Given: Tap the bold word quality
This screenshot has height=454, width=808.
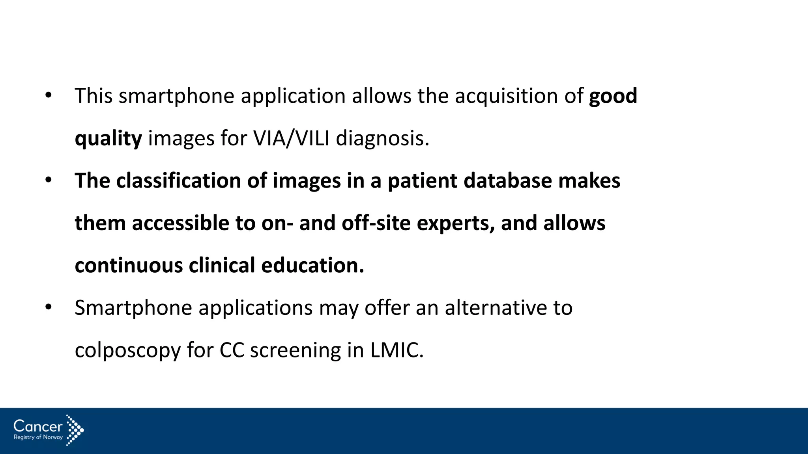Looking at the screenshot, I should click(108, 139).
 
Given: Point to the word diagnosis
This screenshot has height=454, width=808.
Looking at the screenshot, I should click(382, 139).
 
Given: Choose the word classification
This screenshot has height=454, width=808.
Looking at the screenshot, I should click(179, 181).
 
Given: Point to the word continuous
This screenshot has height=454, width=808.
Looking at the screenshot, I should click(129, 266).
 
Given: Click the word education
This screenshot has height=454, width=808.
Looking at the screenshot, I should click(312, 266).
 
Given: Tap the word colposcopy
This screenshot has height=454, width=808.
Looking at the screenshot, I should click(127, 351).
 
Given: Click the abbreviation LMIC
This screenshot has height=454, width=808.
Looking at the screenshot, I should click(397, 350).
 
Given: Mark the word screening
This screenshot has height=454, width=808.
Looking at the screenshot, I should click(296, 351).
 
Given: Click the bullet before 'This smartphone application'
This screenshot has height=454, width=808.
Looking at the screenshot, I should click(48, 95).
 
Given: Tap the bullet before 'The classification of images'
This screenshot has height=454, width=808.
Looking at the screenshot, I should click(48, 180).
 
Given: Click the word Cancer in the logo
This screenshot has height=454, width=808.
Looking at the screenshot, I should click(38, 426).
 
